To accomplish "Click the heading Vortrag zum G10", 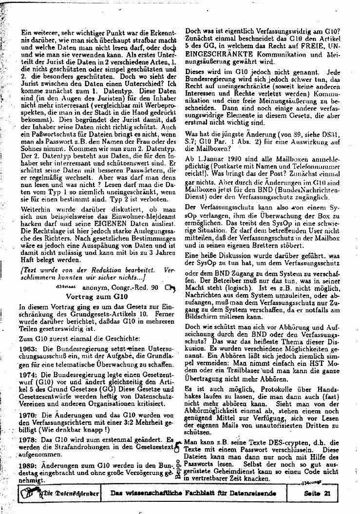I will [x=96, y=296].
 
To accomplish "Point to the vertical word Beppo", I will [x=178, y=468].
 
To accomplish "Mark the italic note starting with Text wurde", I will [x=95, y=273].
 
